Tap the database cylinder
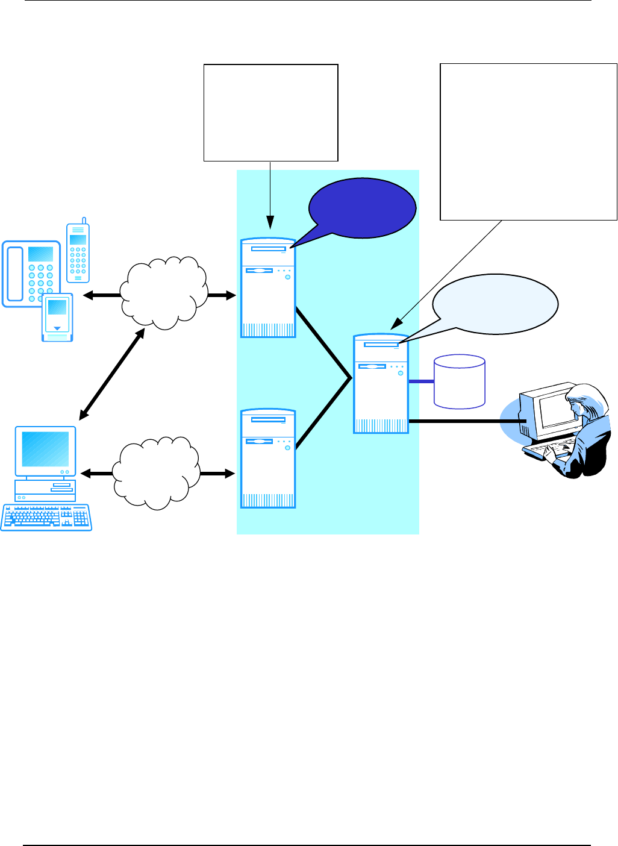(x=460, y=382)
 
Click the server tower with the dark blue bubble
(x=268, y=287)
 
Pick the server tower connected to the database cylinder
(x=381, y=384)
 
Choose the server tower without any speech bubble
(x=268, y=459)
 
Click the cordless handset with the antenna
(x=78, y=252)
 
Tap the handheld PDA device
(x=57, y=317)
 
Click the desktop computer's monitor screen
(x=45, y=449)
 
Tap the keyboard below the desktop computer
(x=46, y=517)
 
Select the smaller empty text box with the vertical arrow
(x=271, y=113)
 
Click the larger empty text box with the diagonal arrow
(x=529, y=142)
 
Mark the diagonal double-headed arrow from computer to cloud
(x=111, y=374)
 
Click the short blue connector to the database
(x=421, y=381)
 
